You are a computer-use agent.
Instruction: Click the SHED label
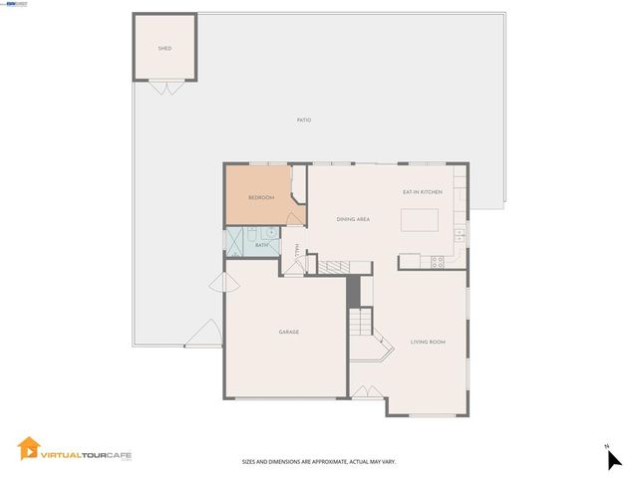164,48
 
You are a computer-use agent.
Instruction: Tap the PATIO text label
304,119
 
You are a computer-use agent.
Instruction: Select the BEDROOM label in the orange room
261,197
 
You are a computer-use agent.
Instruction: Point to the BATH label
262,245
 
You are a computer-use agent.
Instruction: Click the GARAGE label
288,332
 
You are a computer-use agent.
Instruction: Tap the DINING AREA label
353,219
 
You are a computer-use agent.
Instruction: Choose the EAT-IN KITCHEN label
422,191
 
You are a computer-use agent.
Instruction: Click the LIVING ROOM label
428,343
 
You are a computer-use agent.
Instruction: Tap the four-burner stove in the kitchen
435,262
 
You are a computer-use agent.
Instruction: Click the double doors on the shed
166,88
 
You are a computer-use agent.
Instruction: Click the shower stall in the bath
236,242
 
